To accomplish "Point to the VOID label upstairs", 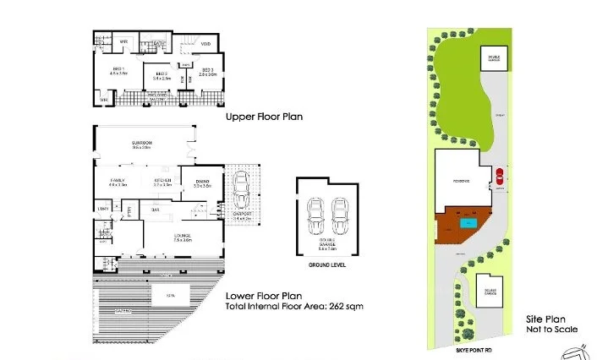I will pos(205,43).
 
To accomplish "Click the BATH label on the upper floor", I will pos(159,41).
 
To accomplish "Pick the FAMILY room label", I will pos(118,180).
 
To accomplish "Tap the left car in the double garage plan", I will pos(315,217).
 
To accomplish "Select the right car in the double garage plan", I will pos(340,217).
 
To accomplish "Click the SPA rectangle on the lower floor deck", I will pos(170,296).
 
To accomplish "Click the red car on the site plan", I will pos(499,177).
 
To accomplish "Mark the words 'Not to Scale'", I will pos(550,330).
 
